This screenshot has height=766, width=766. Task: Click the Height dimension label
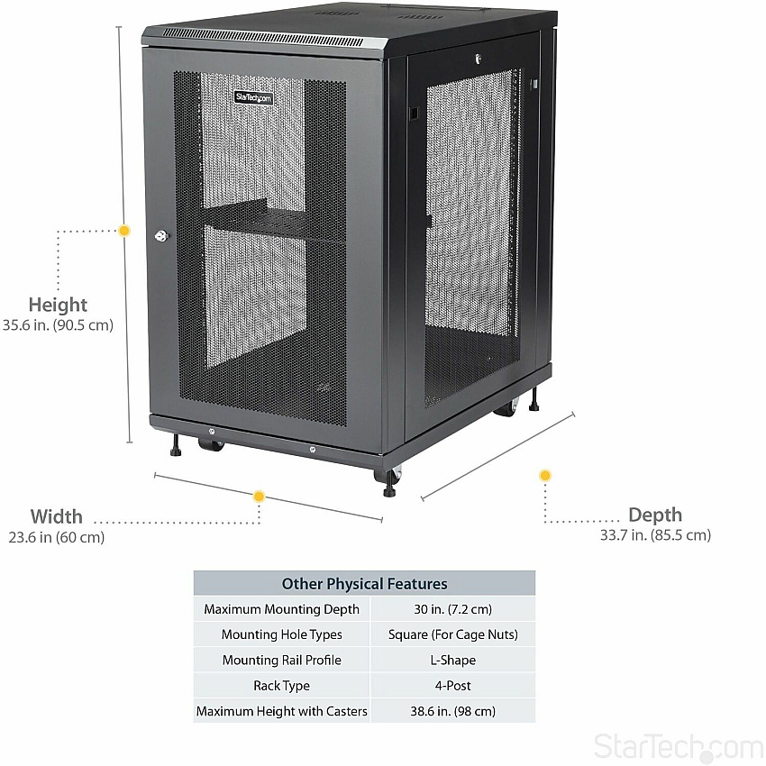coord(58,305)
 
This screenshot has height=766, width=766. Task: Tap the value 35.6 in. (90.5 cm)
coord(58,324)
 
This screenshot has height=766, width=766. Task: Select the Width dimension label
coord(56,516)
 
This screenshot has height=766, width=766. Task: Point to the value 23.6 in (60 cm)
coord(57,537)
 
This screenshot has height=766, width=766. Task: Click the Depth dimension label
coord(655,515)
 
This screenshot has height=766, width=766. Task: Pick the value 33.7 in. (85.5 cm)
coord(655,535)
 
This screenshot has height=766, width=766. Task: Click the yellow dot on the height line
coord(124,231)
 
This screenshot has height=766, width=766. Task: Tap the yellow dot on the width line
coord(259,497)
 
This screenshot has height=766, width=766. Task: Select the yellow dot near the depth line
coord(545,475)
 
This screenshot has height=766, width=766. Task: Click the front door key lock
coord(161,236)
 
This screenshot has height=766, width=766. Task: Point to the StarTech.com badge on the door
coord(253,97)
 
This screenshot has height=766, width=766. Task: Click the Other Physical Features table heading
coord(364,583)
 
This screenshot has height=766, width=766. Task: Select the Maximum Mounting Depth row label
coord(281,609)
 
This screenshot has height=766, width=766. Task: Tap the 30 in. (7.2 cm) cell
coord(453,609)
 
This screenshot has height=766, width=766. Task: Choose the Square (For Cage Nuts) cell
coord(453,634)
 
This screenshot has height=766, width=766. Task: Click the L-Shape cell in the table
coord(453,660)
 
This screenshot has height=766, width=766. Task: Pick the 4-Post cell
coord(453,686)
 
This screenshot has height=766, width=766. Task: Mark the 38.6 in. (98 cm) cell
coord(453,711)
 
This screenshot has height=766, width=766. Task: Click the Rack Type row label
coord(281,686)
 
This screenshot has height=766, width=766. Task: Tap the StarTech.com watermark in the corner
coord(679,747)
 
